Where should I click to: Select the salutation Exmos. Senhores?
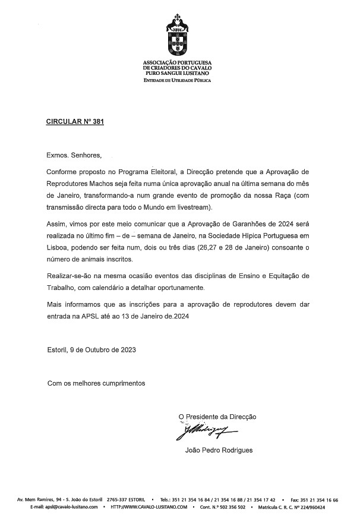(x=74, y=156)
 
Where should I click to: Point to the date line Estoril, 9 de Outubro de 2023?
(x=91, y=349)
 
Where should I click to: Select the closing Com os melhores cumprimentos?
(x=96, y=383)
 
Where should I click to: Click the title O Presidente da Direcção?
(x=217, y=417)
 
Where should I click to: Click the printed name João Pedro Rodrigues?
(x=219, y=450)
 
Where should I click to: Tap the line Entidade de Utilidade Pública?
(x=177, y=80)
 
